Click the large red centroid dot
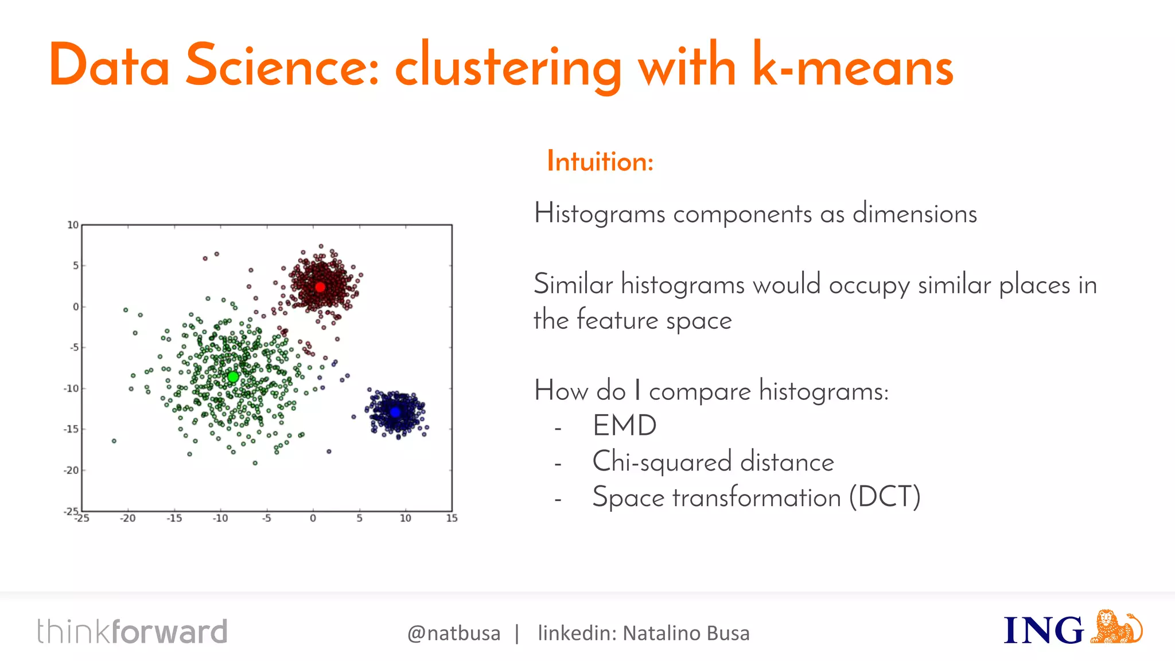tap(320, 287)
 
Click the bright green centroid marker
tap(233, 377)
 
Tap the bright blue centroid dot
tap(395, 412)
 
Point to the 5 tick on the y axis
tap(75, 266)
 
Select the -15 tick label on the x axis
tap(174, 519)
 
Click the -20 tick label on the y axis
tap(71, 471)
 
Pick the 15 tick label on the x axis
tap(452, 519)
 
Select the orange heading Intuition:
tap(600, 161)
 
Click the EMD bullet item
tap(624, 426)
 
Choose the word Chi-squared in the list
tap(662, 462)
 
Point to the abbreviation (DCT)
tap(885, 497)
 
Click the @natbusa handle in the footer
tap(454, 633)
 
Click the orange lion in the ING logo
tap(1115, 627)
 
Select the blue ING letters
tap(1043, 631)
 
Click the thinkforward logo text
tap(133, 632)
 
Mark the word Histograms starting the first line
tap(600, 214)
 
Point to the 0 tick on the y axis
tap(76, 307)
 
